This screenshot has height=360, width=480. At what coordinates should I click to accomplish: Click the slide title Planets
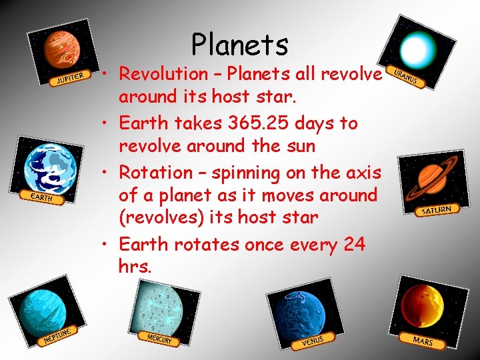(x=239, y=45)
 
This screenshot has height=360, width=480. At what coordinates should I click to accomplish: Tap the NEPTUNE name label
(x=57, y=335)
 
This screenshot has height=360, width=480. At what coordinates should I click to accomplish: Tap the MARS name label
(x=423, y=341)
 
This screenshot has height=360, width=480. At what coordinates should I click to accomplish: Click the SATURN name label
(x=437, y=211)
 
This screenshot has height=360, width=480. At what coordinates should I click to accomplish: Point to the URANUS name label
(x=405, y=78)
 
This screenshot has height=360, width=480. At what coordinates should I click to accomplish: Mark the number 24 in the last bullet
(x=354, y=245)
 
